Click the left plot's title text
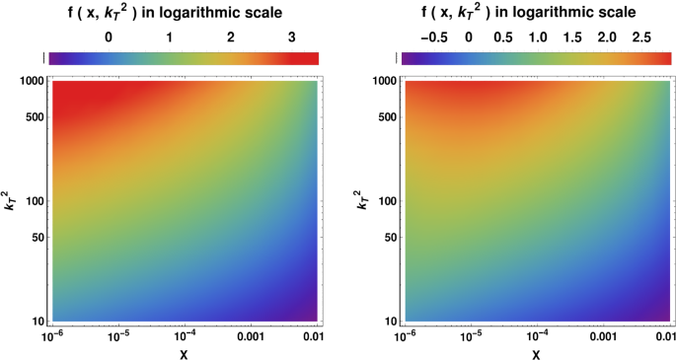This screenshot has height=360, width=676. tap(183, 12)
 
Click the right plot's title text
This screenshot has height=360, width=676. tap(536, 12)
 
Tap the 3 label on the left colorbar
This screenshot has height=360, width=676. tap(292, 36)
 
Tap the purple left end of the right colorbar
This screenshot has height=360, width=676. tap(407, 58)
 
